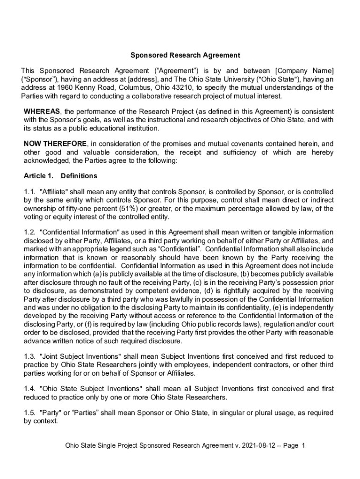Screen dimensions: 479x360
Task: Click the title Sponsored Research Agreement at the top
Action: pyautogui.click(x=185, y=55)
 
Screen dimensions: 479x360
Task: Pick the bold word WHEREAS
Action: pyautogui.click(x=42, y=111)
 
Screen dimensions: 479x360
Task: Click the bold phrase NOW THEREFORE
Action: pyautogui.click(x=55, y=144)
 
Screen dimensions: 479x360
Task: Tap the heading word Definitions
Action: pyautogui.click(x=79, y=176)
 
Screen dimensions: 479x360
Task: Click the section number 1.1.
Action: pyautogui.click(x=29, y=192)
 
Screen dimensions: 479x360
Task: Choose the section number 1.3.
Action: pyautogui.click(x=29, y=357)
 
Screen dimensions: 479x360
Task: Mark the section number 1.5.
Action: pyautogui.click(x=29, y=413)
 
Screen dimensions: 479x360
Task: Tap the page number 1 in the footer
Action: pyautogui.click(x=303, y=446)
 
